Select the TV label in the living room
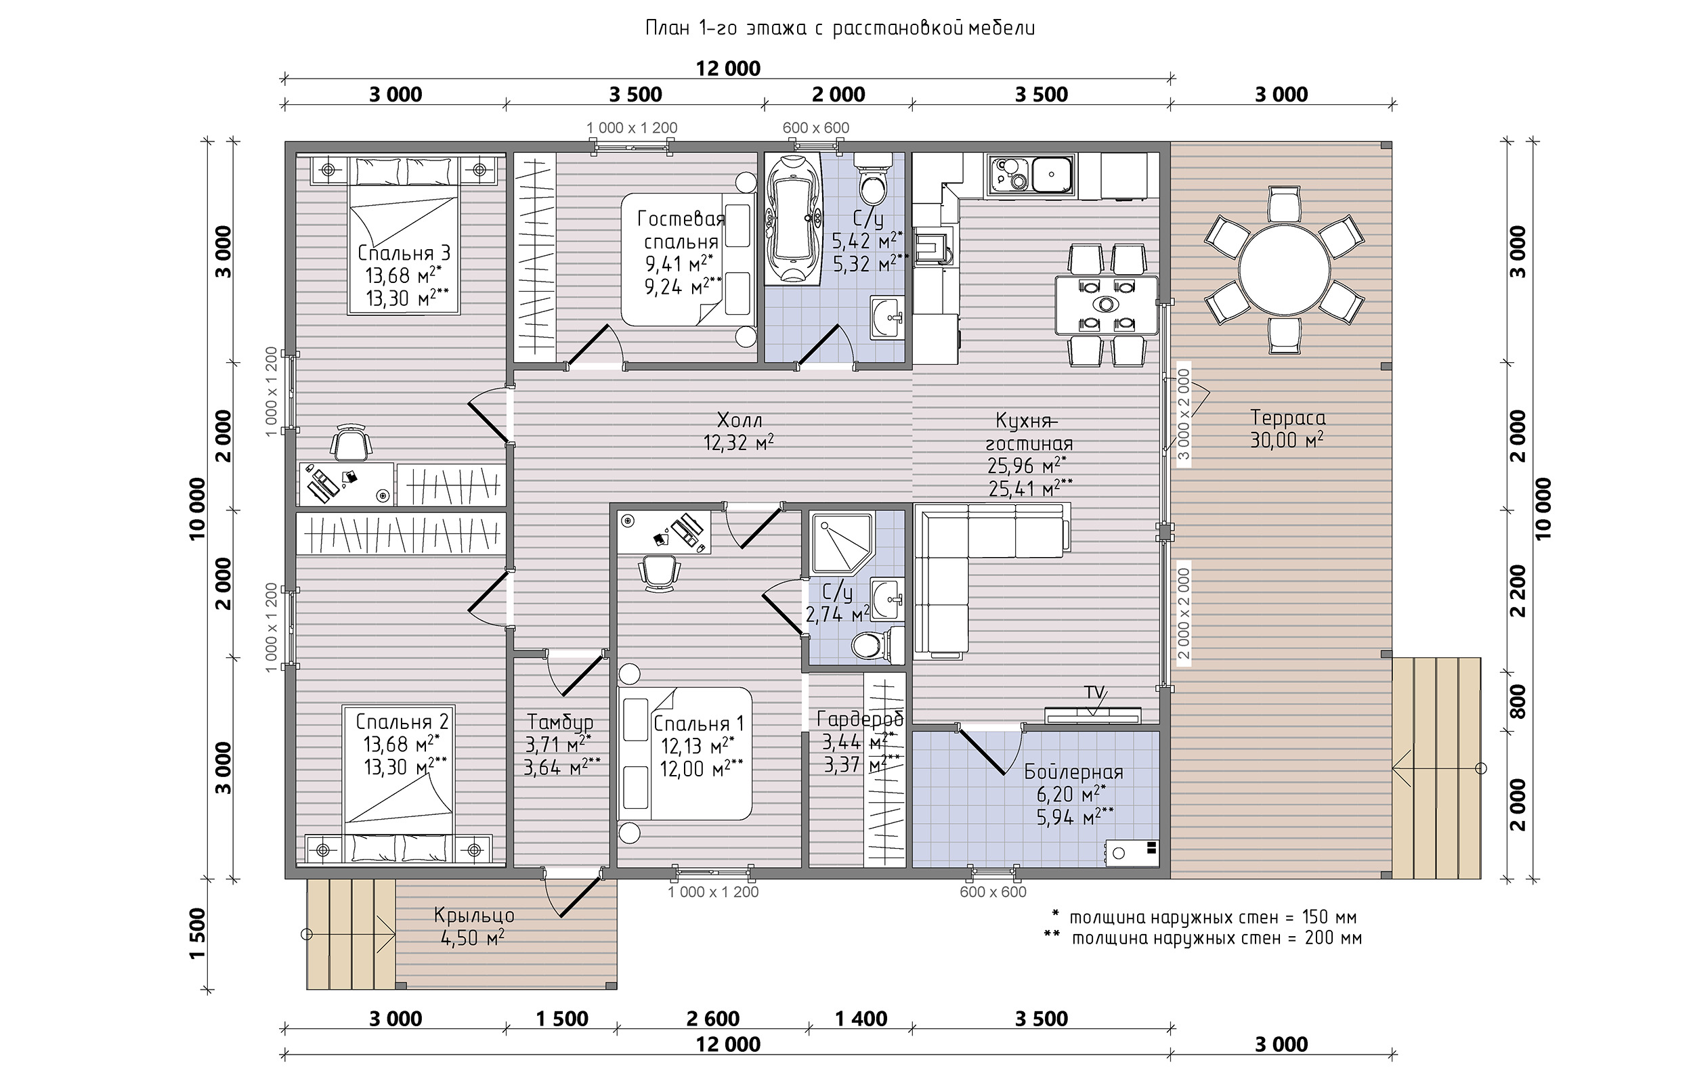tap(1094, 692)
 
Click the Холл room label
tap(740, 420)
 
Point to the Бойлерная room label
tap(1073, 772)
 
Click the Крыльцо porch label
tap(474, 916)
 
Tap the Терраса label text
tap(1287, 418)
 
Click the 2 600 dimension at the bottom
tap(712, 1018)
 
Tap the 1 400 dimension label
tap(860, 1018)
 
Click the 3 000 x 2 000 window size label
tap(1184, 415)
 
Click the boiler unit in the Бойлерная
tap(1131, 852)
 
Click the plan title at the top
tap(840, 28)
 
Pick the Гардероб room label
tap(859, 718)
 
